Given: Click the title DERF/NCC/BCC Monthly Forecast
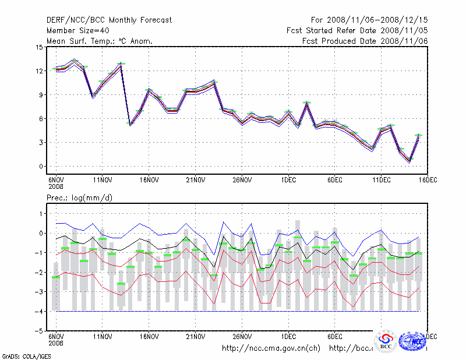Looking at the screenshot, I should [x=109, y=20].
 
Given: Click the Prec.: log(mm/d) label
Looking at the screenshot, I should [x=79, y=199].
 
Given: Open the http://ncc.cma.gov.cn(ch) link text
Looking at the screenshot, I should [x=271, y=348].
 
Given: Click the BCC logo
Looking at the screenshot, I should [x=386, y=342].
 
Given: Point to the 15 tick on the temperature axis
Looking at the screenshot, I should [x=39, y=47].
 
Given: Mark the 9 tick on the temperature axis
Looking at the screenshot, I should [x=41, y=95].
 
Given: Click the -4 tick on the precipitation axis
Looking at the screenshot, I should [x=39, y=312].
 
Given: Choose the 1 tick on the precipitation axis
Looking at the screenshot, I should [x=41, y=214].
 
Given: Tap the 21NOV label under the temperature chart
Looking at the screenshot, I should [x=195, y=181].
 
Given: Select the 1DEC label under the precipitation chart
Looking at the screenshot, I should [x=288, y=337].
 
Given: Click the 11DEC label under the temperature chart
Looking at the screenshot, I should [x=381, y=181].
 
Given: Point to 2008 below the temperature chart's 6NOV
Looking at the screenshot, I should [x=55, y=188].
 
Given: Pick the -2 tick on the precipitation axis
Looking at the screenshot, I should [x=39, y=273].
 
